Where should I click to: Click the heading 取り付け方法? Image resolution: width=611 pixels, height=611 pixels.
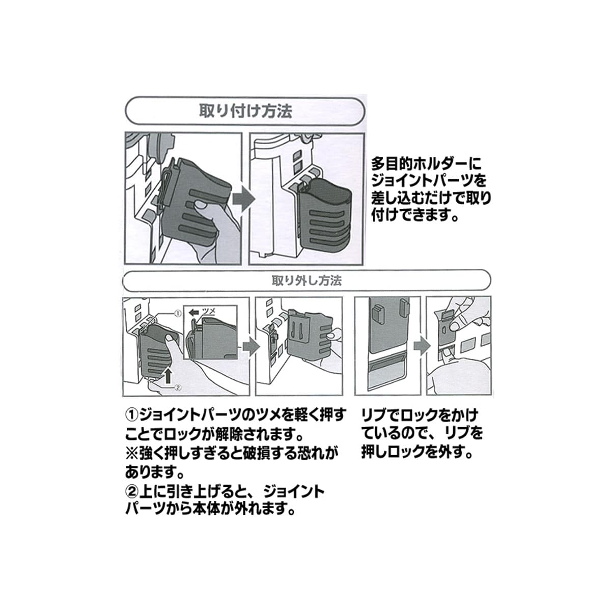[245, 111]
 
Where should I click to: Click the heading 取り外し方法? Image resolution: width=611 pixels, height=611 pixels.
[307, 281]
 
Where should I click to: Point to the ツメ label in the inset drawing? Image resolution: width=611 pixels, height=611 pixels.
[209, 311]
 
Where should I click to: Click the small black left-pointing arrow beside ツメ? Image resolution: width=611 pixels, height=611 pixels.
[194, 312]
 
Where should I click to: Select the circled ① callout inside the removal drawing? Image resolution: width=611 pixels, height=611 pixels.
[178, 314]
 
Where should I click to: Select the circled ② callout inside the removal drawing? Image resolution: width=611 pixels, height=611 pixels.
[178, 387]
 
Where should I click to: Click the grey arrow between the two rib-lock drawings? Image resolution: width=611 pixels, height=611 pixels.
[422, 345]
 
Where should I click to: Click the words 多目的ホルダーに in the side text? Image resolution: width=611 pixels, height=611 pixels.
[426, 164]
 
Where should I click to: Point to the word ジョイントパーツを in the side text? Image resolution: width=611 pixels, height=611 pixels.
[429, 182]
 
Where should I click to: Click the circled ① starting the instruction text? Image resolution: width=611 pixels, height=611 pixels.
[132, 415]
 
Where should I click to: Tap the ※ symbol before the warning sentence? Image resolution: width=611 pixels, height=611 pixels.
[132, 454]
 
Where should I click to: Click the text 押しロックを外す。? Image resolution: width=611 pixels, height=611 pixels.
[417, 452]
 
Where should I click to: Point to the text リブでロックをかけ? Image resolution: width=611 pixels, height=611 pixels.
[420, 415]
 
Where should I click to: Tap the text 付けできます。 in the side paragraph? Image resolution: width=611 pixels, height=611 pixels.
[415, 216]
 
